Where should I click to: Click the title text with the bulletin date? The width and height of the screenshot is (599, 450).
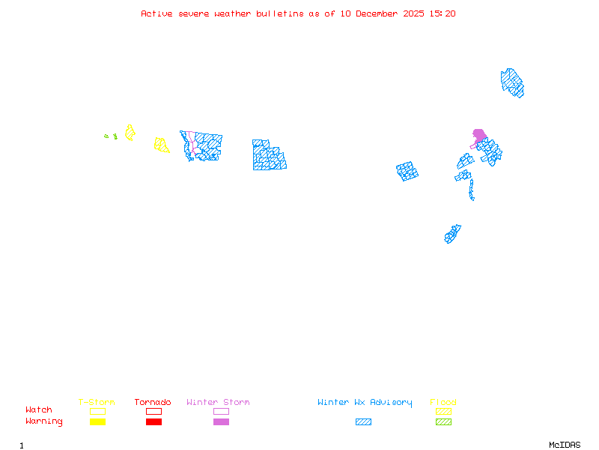(298, 13)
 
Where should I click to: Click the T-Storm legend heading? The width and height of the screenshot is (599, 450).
(97, 403)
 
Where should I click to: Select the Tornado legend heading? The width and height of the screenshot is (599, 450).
(153, 403)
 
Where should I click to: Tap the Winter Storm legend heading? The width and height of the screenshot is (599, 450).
(218, 403)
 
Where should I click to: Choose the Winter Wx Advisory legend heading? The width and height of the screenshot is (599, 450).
(365, 403)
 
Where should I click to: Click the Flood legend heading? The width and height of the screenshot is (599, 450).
(443, 403)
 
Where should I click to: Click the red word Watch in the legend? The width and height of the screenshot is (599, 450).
(39, 410)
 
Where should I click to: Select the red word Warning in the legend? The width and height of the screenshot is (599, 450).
(44, 421)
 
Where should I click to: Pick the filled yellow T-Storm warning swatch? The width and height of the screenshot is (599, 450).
(97, 422)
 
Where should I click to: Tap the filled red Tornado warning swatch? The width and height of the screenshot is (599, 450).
(153, 422)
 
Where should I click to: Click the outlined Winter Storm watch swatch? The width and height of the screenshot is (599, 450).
(221, 411)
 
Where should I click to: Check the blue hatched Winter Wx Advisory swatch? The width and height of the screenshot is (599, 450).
(363, 422)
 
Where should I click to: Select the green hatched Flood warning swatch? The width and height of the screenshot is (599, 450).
(443, 422)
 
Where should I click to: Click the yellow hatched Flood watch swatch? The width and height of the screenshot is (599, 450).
(443, 411)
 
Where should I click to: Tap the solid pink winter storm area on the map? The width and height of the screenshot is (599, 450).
(479, 136)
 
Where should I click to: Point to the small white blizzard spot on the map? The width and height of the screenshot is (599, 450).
(475, 199)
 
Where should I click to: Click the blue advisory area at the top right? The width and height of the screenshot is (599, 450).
(513, 82)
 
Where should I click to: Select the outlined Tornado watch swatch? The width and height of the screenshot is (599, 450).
(153, 411)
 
